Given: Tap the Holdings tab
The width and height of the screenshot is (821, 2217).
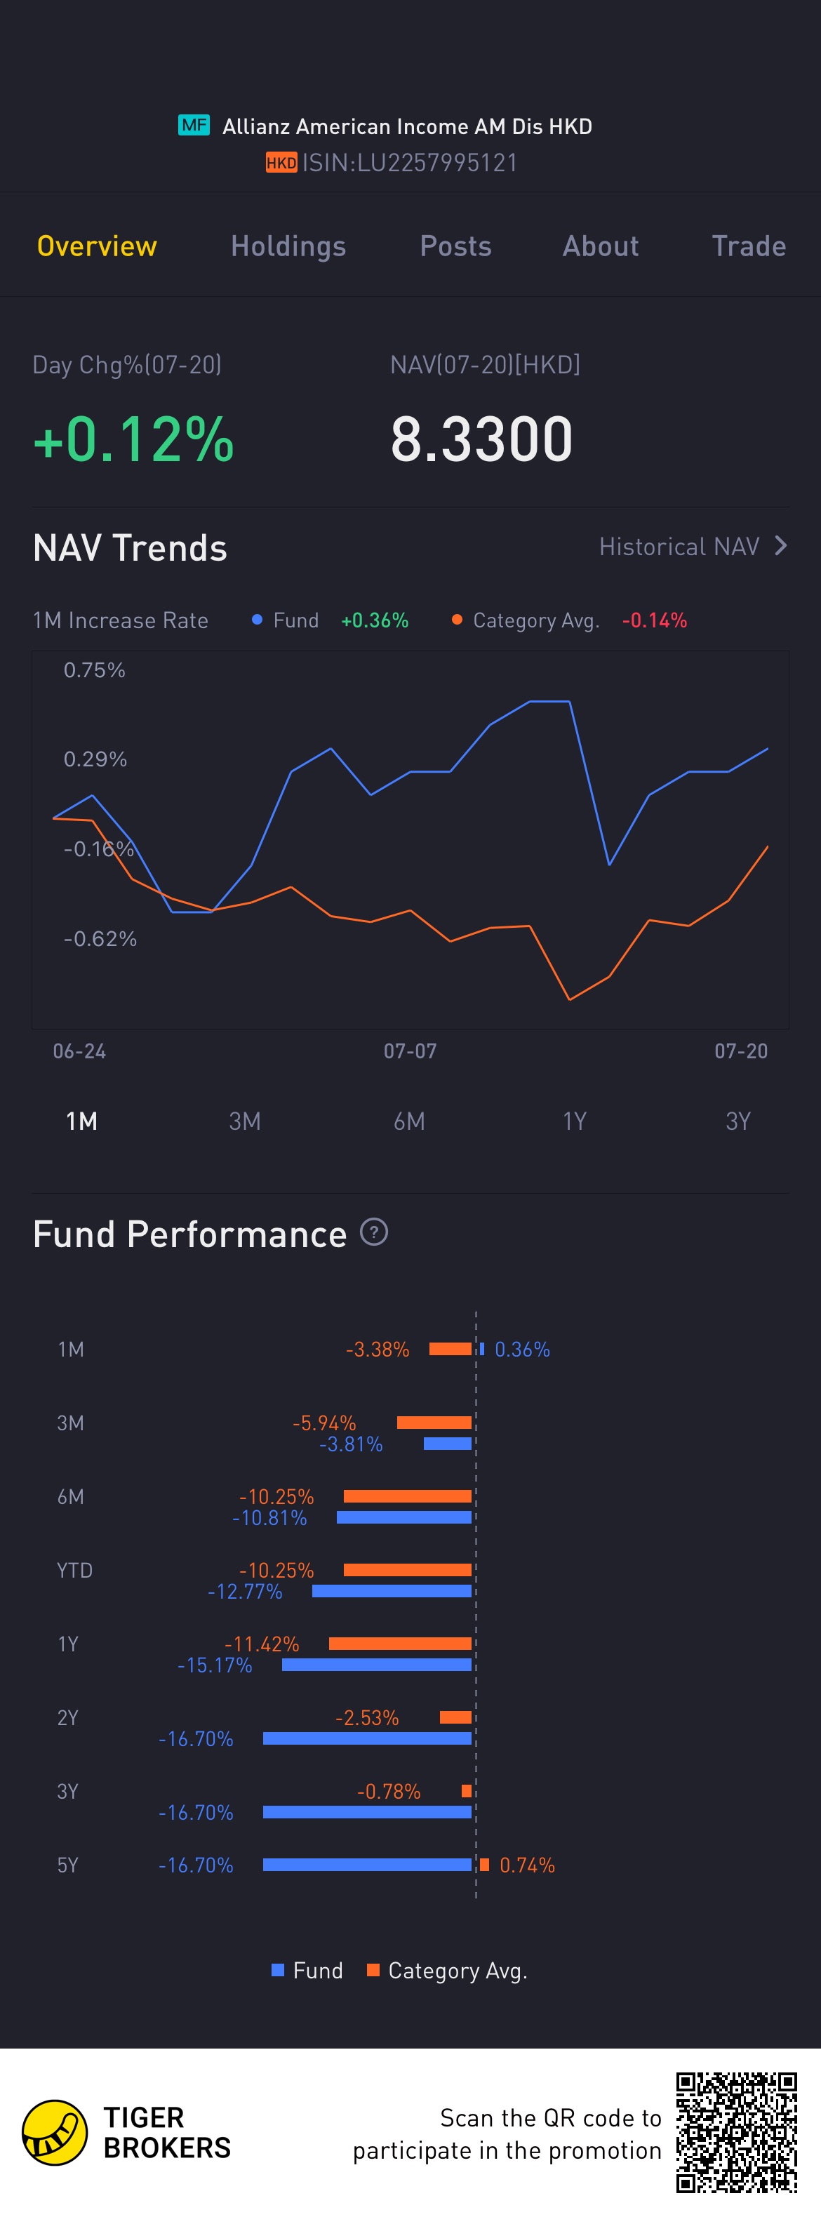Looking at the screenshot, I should pyautogui.click(x=288, y=246).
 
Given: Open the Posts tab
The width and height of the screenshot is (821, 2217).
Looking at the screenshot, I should pyautogui.click(x=455, y=246).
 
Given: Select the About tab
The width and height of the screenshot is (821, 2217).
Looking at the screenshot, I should pyautogui.click(x=601, y=246).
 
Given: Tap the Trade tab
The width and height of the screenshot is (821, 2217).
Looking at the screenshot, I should pyautogui.click(x=748, y=246).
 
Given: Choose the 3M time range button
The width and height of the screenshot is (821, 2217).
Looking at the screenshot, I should pyautogui.click(x=244, y=1121).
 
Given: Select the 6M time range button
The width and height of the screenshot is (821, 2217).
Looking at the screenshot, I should pyautogui.click(x=409, y=1121).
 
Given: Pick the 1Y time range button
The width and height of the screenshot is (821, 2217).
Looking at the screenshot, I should pyautogui.click(x=574, y=1121).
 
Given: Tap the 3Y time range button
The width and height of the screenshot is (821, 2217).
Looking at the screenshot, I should pyautogui.click(x=737, y=1121).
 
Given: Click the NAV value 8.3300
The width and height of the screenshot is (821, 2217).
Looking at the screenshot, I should pyautogui.click(x=481, y=439).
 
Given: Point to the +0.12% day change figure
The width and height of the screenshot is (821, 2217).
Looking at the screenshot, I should pyautogui.click(x=133, y=439).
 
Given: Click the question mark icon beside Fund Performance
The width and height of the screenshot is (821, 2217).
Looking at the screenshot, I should pyautogui.click(x=373, y=1232).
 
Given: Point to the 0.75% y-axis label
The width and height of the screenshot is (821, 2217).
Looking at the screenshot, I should pyautogui.click(x=95, y=670).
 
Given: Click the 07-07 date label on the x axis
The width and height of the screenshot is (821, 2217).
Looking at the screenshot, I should pyautogui.click(x=410, y=1051).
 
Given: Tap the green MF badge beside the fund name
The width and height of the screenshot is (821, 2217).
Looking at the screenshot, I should pyautogui.click(x=194, y=125).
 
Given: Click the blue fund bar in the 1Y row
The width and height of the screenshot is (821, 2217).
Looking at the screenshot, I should pyautogui.click(x=377, y=1665).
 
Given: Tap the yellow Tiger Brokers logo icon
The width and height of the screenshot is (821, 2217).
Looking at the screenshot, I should pyautogui.click(x=54, y=2133).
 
